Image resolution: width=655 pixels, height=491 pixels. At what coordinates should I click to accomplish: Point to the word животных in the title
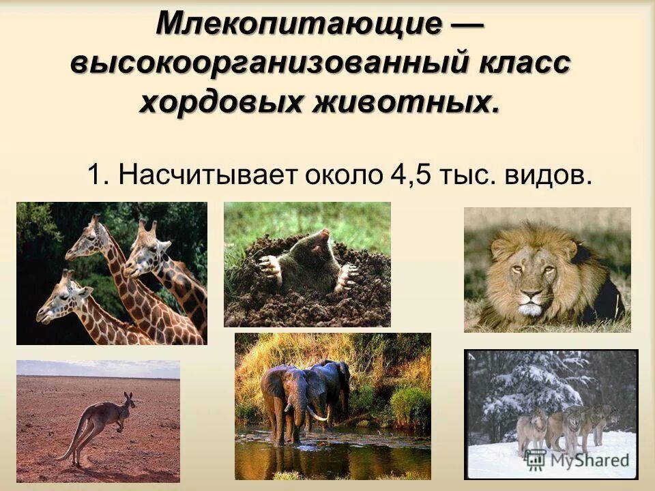tap(403, 102)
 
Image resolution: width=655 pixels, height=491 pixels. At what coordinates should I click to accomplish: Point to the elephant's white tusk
tap(316, 414)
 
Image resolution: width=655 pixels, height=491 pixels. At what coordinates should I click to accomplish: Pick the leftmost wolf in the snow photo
tap(531, 430)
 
